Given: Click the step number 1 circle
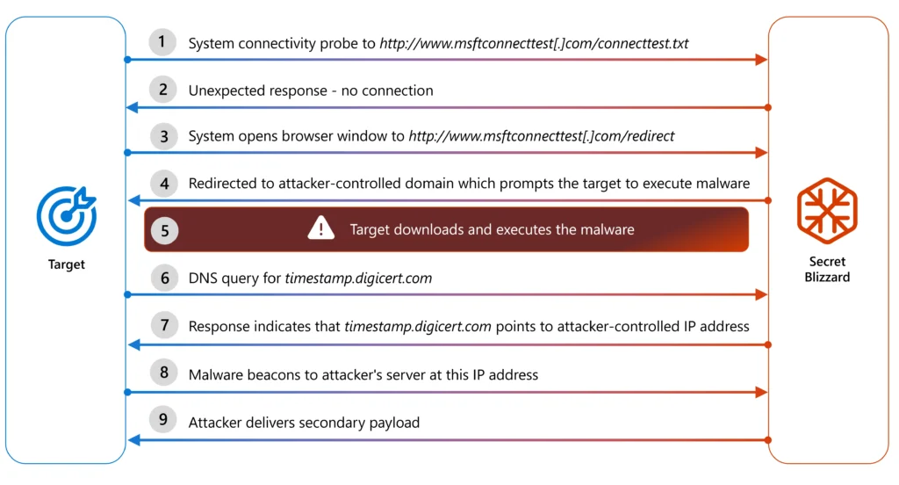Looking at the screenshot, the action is click(x=162, y=42).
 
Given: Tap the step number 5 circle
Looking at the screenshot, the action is click(x=164, y=231).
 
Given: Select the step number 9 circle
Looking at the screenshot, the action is click(x=162, y=420).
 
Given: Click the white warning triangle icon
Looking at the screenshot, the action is click(x=321, y=228).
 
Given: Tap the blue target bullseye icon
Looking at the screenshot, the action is click(x=67, y=216).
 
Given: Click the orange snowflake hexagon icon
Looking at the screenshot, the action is click(x=827, y=210).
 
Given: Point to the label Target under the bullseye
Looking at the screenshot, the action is click(x=67, y=264).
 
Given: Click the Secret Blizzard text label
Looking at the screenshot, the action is click(x=827, y=269).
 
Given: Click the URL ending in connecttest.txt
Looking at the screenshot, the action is click(x=534, y=44).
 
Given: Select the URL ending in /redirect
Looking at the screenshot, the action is click(x=541, y=136).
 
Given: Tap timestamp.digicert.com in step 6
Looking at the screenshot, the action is click(x=358, y=279).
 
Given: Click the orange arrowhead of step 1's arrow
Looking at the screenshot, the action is click(x=761, y=60).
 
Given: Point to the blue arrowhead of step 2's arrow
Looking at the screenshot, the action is click(x=133, y=107).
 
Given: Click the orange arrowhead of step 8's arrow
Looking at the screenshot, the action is click(x=761, y=392).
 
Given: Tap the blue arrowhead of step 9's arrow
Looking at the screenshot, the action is click(x=133, y=440).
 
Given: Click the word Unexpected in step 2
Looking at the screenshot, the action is click(x=224, y=90).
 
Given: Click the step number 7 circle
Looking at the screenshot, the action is click(x=164, y=325).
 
